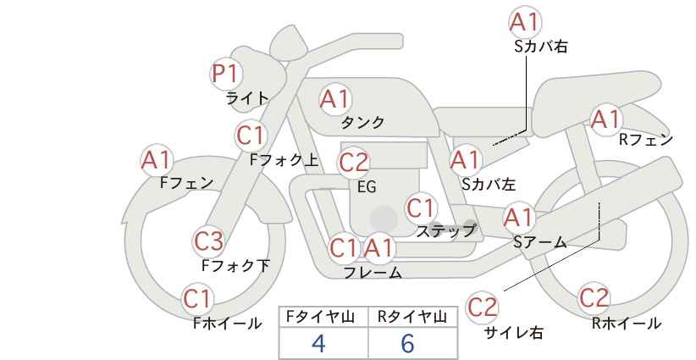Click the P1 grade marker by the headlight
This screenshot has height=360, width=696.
pyautogui.click(x=226, y=73)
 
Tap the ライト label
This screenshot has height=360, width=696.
pyautogui.click(x=247, y=98)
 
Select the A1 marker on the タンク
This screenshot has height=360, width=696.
pyautogui.click(x=335, y=99)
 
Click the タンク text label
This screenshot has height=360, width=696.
pyautogui.click(x=362, y=123)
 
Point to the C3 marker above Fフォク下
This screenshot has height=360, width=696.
pyautogui.click(x=209, y=241)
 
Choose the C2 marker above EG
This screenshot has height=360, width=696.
pyautogui.click(x=354, y=163)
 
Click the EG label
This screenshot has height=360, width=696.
pyautogui.click(x=367, y=187)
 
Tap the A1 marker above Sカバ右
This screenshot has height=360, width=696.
pyautogui.click(x=525, y=22)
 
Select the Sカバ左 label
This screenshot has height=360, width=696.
pyautogui.click(x=489, y=184)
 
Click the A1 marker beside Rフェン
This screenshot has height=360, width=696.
pyautogui.click(x=606, y=119)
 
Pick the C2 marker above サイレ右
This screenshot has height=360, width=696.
pyautogui.click(x=482, y=307)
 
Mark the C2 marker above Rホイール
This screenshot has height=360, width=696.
pyautogui.click(x=594, y=297)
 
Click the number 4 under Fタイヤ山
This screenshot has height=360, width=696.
pyautogui.click(x=318, y=344)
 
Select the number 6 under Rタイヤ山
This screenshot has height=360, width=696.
pyautogui.click(x=407, y=344)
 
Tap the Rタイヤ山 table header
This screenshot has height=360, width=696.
pyautogui.click(x=412, y=317)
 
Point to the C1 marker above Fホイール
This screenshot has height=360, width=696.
pyautogui.click(x=198, y=299)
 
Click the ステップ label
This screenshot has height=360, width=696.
pyautogui.click(x=445, y=231)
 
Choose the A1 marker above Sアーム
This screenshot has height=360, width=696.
pyautogui.click(x=519, y=218)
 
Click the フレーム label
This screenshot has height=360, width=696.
pyautogui.click(x=373, y=273)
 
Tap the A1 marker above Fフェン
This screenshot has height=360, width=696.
pyautogui.click(x=157, y=160)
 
